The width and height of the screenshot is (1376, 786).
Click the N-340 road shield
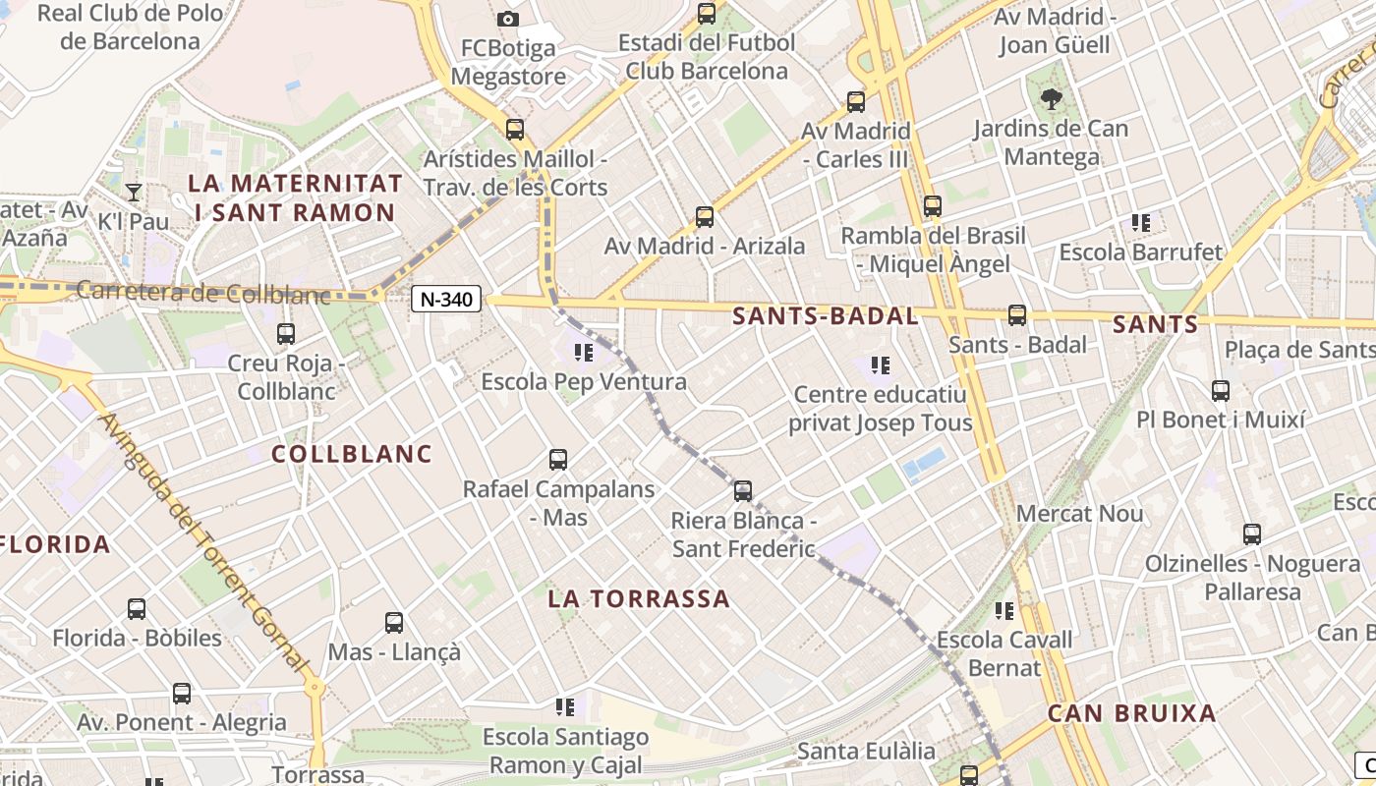(446, 300)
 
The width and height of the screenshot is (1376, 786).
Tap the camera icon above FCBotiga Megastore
(508, 19)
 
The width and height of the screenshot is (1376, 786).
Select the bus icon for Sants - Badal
(1017, 315)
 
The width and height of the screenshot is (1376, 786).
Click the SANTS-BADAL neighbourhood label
(826, 316)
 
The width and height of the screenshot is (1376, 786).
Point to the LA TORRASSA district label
(639, 598)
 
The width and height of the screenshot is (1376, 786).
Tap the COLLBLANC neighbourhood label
(352, 454)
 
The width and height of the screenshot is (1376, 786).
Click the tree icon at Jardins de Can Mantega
(1052, 98)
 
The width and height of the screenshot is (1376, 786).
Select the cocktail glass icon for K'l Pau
(134, 192)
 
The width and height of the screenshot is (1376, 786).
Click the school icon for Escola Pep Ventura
(584, 352)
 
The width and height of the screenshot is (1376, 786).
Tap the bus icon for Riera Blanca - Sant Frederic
(743, 491)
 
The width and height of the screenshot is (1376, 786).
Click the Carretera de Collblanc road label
(202, 292)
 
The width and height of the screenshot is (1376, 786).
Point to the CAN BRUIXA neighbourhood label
(1132, 713)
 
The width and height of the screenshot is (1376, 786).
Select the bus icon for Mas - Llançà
(394, 623)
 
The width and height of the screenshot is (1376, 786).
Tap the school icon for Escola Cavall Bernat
(1004, 611)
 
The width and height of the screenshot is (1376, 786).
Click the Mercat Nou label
(1080, 513)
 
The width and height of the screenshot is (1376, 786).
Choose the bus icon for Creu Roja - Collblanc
(286, 334)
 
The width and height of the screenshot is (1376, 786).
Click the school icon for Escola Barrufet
(1141, 223)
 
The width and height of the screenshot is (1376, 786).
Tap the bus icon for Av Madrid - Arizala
(705, 217)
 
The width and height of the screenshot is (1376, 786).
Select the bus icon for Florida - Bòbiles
(137, 609)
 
